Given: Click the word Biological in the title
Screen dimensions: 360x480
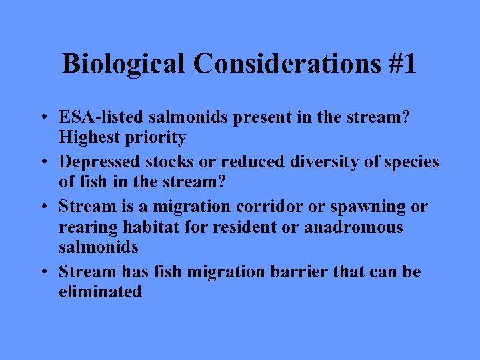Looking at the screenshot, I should click(x=124, y=65).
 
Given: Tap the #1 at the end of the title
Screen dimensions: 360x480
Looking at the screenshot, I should click(x=399, y=65).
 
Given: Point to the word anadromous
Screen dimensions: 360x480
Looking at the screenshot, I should click(x=353, y=227).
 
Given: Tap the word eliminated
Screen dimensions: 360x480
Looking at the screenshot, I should click(x=100, y=291).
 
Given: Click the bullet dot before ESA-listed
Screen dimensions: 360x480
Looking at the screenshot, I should click(x=42, y=118).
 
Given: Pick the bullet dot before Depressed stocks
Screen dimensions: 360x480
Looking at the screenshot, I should click(x=42, y=163).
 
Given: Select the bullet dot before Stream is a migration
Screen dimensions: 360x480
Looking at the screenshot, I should click(x=42, y=207).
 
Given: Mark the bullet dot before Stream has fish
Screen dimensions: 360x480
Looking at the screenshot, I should click(x=42, y=272).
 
